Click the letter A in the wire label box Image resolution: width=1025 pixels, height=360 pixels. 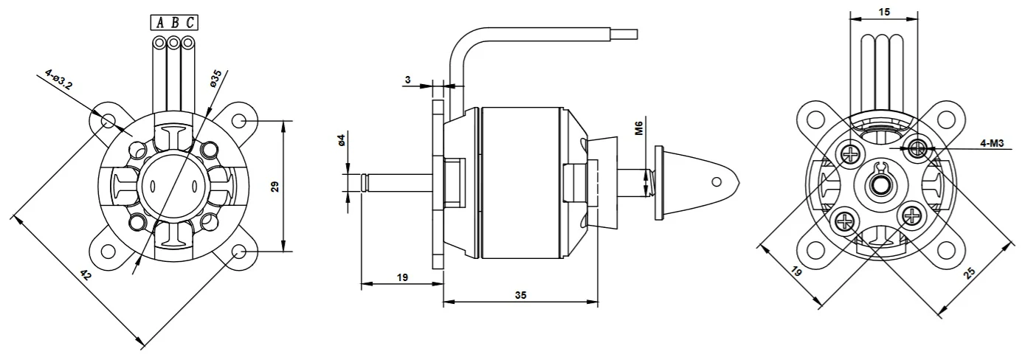point(159,22)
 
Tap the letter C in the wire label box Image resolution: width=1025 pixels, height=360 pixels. point(190,22)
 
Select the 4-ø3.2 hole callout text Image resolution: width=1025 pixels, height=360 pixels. point(58,79)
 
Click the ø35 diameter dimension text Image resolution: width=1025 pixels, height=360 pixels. point(215,78)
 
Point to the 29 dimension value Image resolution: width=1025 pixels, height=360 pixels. point(275,187)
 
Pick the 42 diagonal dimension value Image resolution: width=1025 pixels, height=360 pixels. point(86,274)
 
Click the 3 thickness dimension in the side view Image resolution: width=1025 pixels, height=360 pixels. point(407,80)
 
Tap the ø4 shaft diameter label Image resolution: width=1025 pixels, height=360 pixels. point(340,140)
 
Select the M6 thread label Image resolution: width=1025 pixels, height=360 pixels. point(639,128)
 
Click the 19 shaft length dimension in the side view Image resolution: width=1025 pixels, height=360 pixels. point(402,277)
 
